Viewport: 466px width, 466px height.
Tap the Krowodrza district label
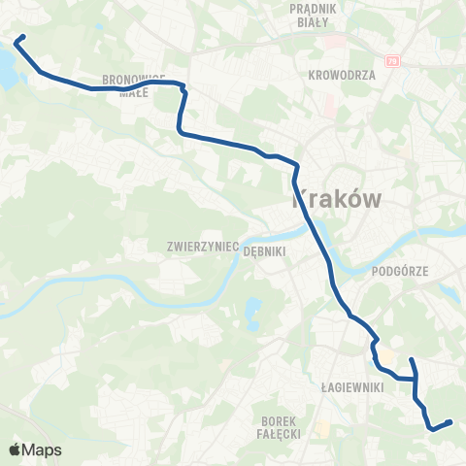coord(341,74)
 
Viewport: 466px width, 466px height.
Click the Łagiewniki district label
coord(353,386)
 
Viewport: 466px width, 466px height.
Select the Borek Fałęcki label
coord(283,426)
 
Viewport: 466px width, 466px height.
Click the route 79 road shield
coord(393,61)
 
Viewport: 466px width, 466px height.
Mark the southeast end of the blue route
coord(450,421)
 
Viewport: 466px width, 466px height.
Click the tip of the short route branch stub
coord(411,360)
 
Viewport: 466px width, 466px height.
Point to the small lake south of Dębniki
coord(253,312)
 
